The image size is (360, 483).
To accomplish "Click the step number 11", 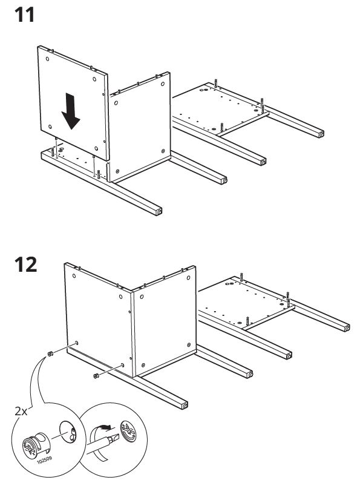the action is (24, 15).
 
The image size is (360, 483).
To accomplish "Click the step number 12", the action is (25, 264).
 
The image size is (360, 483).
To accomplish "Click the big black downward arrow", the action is (71, 111).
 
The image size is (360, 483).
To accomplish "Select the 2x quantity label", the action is (21, 411).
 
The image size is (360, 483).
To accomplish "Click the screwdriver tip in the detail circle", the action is (114, 438).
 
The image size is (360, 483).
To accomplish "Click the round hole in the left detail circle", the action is (67, 430).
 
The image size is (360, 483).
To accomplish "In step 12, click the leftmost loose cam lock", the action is (50, 353).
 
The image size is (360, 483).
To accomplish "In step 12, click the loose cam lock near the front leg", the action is (96, 376).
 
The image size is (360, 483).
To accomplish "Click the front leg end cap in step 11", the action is (159, 212).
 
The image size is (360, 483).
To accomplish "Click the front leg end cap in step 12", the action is (185, 406).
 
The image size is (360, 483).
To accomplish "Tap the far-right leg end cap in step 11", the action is (321, 134).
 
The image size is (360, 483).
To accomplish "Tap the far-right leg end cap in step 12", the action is (347, 328).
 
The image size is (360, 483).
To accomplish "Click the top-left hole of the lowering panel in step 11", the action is (47, 59).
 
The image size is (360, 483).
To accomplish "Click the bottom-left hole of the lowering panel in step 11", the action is (50, 126).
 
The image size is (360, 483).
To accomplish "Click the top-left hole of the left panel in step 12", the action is (74, 275).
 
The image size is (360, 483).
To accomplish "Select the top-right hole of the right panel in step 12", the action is (188, 278).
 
